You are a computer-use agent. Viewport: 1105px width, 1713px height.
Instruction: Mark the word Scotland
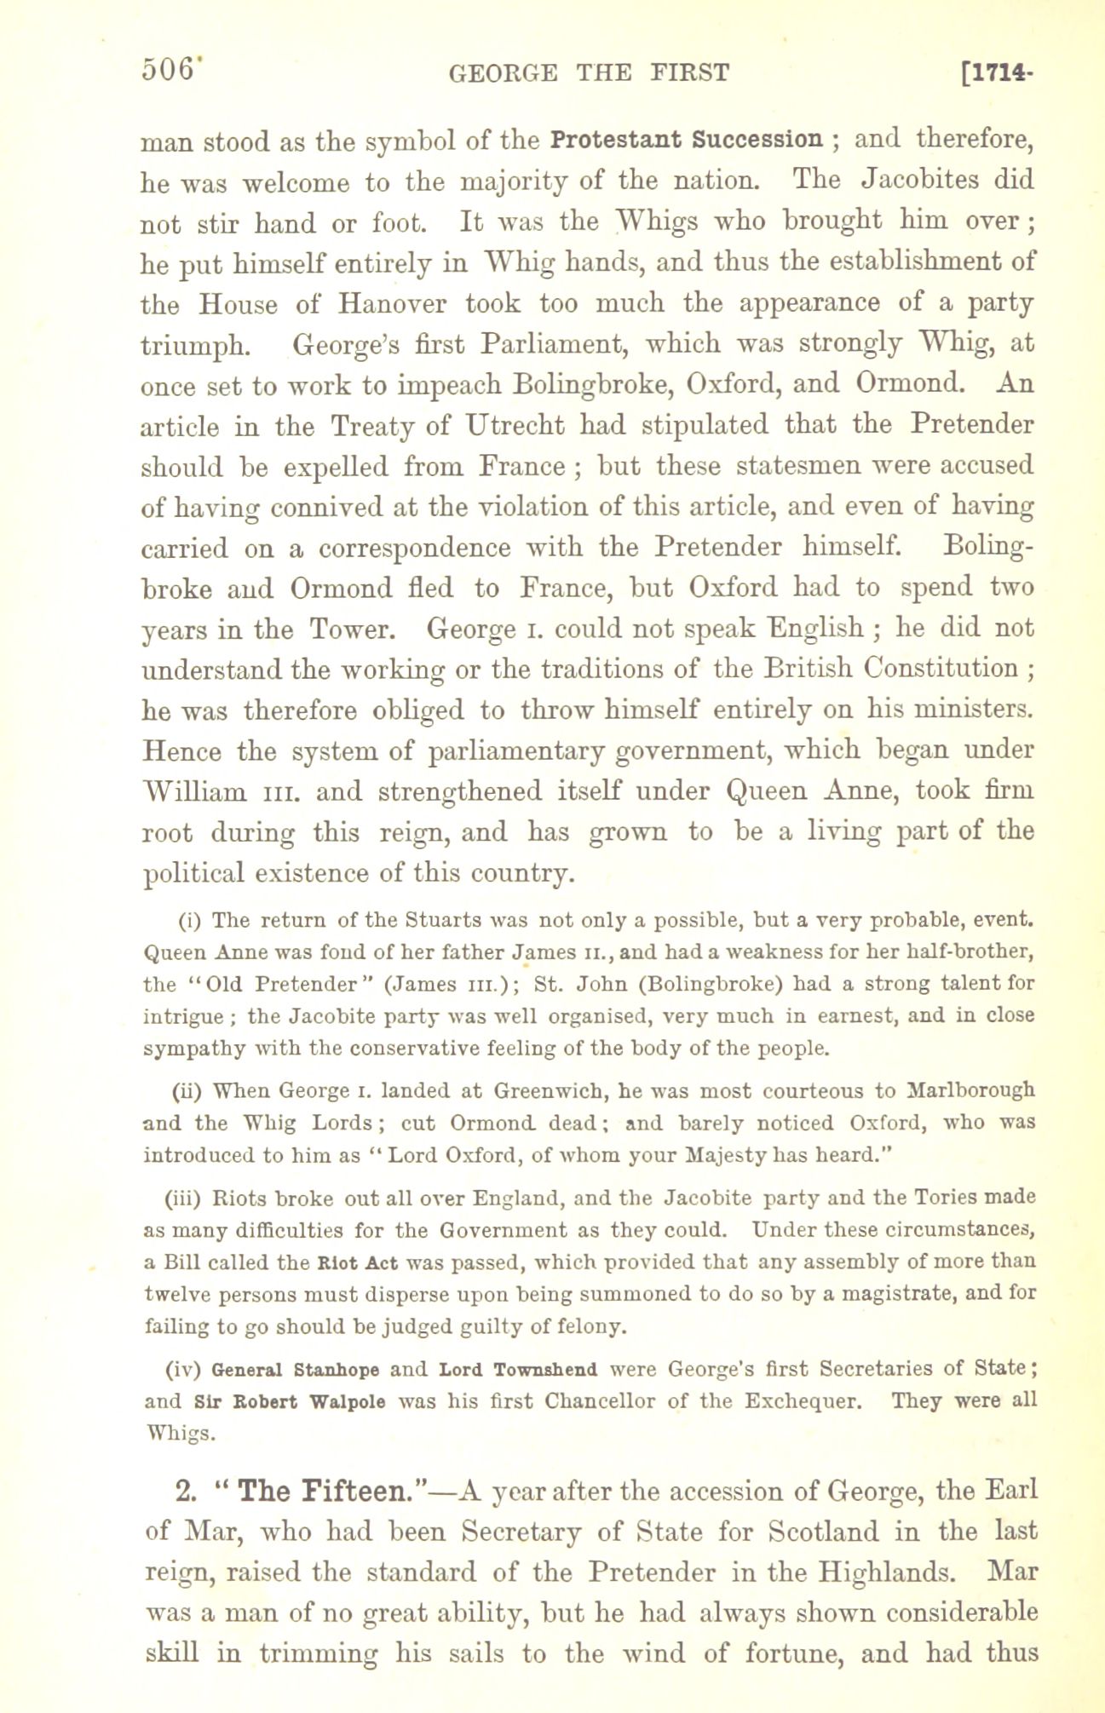click(x=843, y=1532)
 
